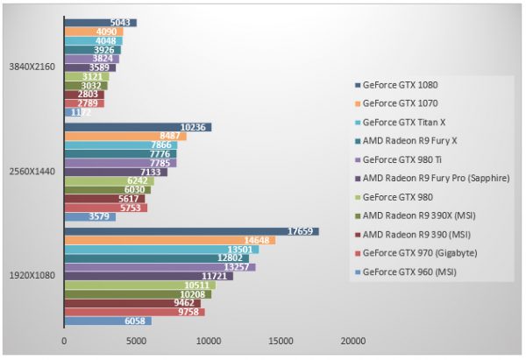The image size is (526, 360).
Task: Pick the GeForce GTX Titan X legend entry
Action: [x=404, y=122]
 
